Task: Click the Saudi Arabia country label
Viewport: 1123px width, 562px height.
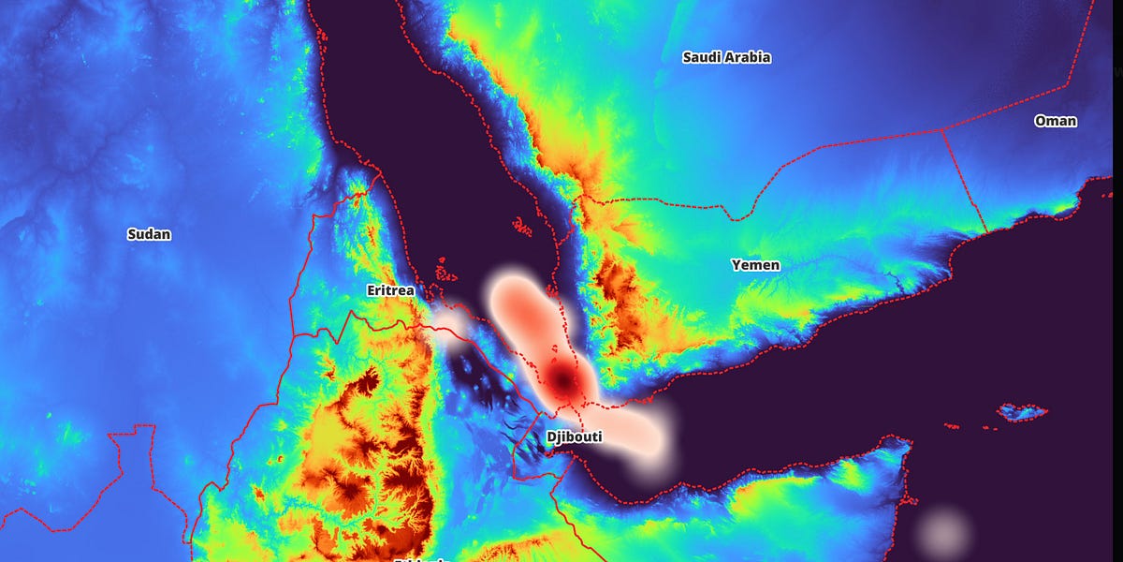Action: pyautogui.click(x=726, y=57)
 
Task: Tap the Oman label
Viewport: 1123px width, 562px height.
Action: pyautogui.click(x=1055, y=121)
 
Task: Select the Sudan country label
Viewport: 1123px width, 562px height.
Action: pyautogui.click(x=149, y=234)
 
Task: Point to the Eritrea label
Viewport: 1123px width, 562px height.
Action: pyautogui.click(x=390, y=290)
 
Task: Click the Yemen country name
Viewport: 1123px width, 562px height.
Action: pyautogui.click(x=755, y=265)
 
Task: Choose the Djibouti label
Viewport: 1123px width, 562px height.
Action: pyautogui.click(x=574, y=436)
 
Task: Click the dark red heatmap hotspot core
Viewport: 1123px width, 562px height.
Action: pyautogui.click(x=563, y=380)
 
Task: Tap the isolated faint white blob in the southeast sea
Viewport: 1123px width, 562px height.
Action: pyautogui.click(x=943, y=531)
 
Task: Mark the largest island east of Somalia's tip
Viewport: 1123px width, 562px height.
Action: pyautogui.click(x=1022, y=411)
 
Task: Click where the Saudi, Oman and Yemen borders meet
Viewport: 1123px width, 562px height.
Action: pyautogui.click(x=942, y=130)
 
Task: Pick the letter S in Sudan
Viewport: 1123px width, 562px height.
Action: pyautogui.click(x=132, y=234)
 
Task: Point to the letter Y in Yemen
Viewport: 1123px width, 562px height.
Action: pyautogui.click(x=736, y=265)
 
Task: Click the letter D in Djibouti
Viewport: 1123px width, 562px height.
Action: pyautogui.click(x=550, y=436)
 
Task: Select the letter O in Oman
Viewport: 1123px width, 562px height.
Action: pyautogui.click(x=1040, y=121)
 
